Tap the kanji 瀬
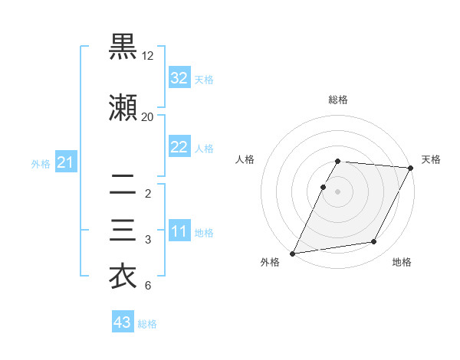click(123, 108)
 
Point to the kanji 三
click(123, 231)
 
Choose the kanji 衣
click(123, 277)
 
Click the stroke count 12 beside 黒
click(148, 56)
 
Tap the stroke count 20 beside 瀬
click(148, 117)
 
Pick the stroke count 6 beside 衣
click(148, 286)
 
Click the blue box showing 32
click(179, 77)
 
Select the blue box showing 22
click(179, 147)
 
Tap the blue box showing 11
click(179, 231)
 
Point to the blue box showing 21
click(65, 162)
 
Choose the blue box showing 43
click(122, 322)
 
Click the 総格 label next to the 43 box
click(147, 324)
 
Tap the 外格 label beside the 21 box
click(40, 164)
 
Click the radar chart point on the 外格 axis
click(293, 253)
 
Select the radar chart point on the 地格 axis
click(374, 242)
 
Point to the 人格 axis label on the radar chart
click(245, 159)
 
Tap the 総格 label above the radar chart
click(338, 100)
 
